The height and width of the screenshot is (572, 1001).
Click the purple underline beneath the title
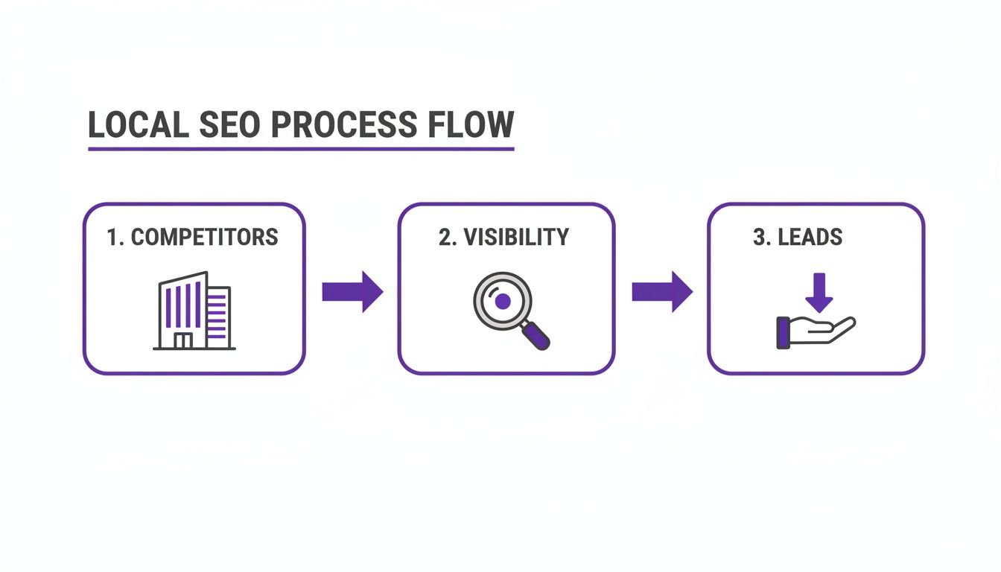[301, 150]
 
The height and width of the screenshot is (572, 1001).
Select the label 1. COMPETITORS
[192, 238]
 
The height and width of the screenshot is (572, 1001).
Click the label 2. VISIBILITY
[503, 238]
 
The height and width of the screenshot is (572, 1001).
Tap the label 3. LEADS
[798, 238]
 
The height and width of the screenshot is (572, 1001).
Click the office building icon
[194, 311]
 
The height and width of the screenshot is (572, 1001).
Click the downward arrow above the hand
[819, 292]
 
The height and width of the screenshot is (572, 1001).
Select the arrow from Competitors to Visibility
[352, 291]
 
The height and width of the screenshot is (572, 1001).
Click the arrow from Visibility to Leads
[661, 291]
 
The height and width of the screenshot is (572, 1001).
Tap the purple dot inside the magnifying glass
[503, 301]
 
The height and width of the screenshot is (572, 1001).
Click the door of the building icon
[182, 341]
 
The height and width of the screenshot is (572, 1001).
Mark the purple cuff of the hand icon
[783, 333]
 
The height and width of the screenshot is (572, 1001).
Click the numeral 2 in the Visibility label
[444, 238]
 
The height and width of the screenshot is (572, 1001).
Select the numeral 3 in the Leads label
[758, 238]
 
